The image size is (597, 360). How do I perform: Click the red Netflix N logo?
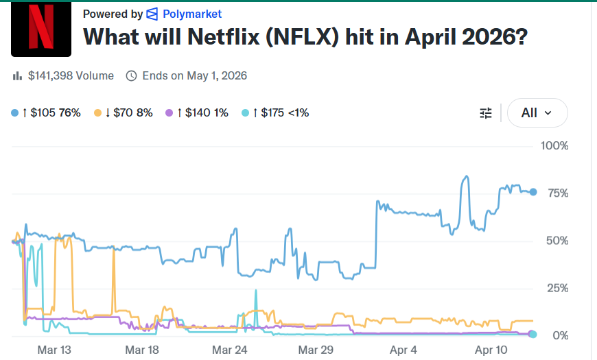click(41, 29)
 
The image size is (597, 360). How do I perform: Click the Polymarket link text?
click(192, 14)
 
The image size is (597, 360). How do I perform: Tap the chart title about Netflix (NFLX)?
click(305, 36)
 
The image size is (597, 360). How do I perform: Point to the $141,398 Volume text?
click(71, 75)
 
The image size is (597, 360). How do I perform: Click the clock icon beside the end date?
click(132, 75)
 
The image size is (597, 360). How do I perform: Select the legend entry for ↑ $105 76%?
click(47, 112)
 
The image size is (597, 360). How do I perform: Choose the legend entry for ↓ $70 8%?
click(124, 112)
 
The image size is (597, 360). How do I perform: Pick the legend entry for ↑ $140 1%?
click(198, 112)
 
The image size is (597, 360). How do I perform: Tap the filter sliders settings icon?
click(486, 113)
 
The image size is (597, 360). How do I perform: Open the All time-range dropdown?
click(537, 113)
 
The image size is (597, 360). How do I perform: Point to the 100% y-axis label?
click(554, 146)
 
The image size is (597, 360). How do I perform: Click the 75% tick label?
click(557, 193)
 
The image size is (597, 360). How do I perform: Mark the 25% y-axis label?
click(557, 288)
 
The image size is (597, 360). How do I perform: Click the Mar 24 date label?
click(230, 350)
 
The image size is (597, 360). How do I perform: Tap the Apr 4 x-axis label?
click(403, 350)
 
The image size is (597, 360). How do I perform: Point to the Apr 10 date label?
click(491, 350)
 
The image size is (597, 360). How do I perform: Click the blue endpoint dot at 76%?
click(533, 192)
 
